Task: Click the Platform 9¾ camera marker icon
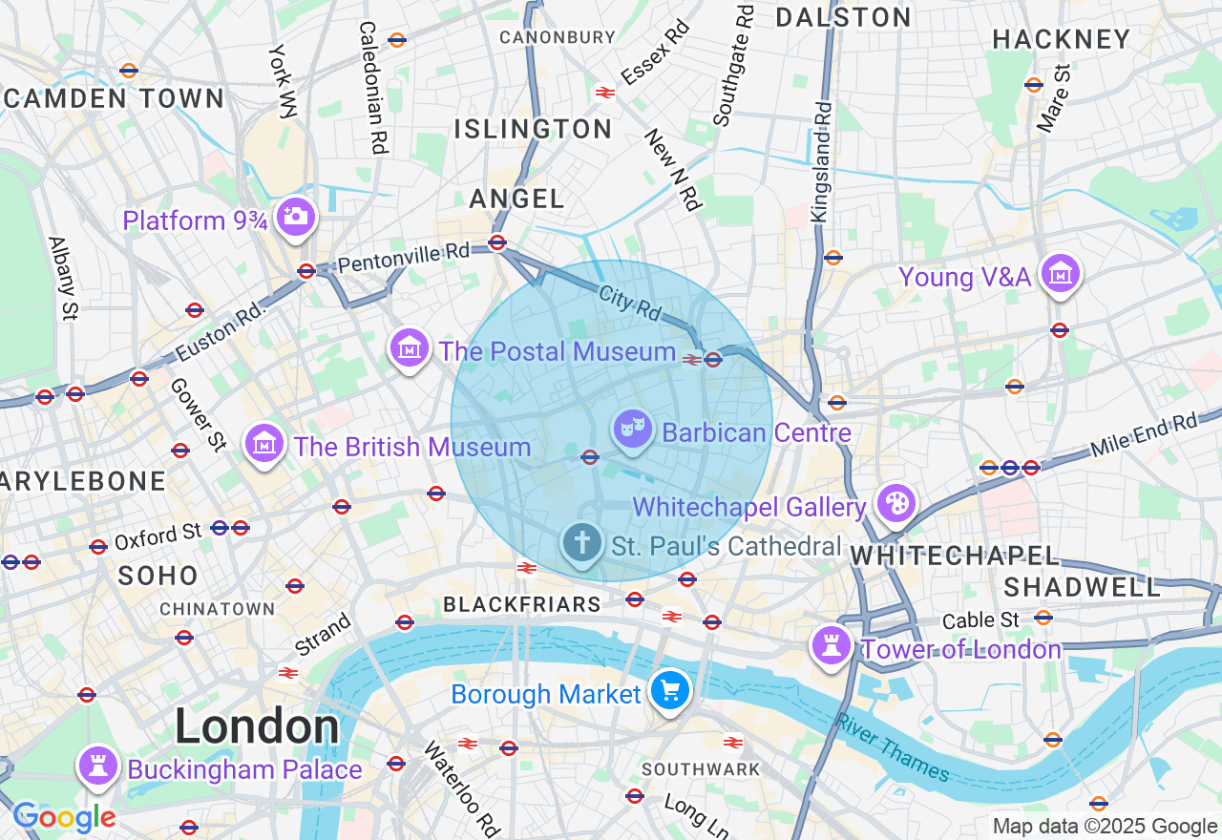[296, 217]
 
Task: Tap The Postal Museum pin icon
[410, 348]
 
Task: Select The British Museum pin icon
[264, 444]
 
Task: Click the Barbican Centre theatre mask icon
[631, 430]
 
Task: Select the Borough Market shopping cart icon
[669, 691]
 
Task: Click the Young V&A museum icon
[1059, 275]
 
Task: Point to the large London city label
[257, 727]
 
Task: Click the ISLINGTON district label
[533, 129]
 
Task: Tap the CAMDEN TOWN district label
[115, 98]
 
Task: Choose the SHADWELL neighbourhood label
[1082, 586]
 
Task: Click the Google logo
[64, 817]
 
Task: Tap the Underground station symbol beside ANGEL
[496, 242]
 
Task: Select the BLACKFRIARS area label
[522, 604]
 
